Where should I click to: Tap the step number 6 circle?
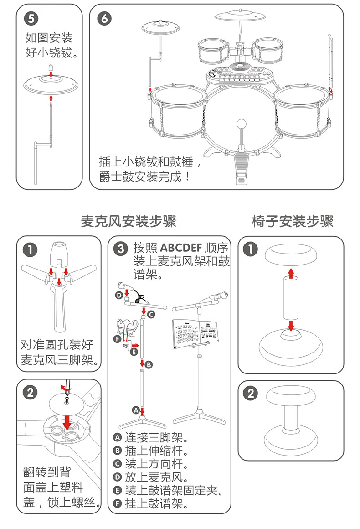click(104, 18)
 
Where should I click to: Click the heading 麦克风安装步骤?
click(128, 222)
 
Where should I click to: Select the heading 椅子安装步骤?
click(293, 222)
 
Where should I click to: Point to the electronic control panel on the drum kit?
click(240, 74)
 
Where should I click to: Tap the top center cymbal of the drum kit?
click(240, 16)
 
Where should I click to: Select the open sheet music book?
click(194, 334)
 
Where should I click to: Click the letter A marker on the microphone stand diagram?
click(135, 409)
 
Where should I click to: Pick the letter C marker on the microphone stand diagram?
click(151, 314)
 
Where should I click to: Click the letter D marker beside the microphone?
click(119, 295)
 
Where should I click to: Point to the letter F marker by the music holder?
click(117, 339)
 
